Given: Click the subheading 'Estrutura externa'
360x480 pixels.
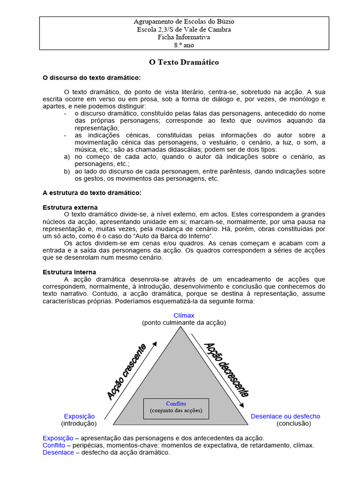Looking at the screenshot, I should coord(70,207).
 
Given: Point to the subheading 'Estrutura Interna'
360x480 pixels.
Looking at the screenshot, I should coord(69,272).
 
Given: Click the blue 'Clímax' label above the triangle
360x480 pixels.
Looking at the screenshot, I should coord(184,315).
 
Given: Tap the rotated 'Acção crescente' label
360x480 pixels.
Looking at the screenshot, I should coord(127,372).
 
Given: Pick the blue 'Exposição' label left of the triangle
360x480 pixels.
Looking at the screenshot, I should coord(79,416).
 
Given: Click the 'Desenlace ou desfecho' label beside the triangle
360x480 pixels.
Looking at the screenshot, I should coord(285,416).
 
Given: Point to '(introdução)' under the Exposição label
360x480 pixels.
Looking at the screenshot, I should coord(79,423).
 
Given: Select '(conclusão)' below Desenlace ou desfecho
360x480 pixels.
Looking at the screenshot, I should coord(293,423).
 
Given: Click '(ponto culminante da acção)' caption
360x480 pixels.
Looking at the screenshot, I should coord(184,322).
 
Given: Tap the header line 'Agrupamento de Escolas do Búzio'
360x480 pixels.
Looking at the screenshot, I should coord(184,22).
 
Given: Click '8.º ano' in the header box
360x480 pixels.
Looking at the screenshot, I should coord(184,45).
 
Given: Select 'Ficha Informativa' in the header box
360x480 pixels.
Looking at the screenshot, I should coord(184,37).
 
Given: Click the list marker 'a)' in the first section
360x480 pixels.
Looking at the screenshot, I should coord(67,157).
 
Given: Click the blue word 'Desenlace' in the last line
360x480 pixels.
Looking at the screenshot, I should coord(58,452).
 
